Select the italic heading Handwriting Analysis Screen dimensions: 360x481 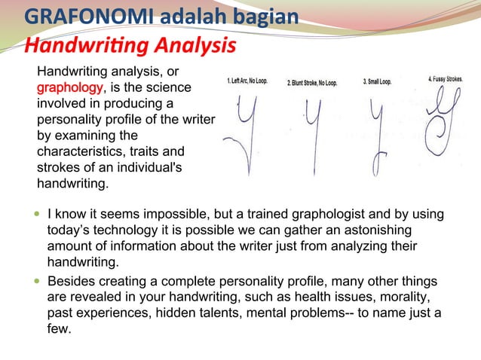(x=130, y=46)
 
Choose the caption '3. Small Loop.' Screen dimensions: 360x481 (x=377, y=81)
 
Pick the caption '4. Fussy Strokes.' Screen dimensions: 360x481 (x=446, y=78)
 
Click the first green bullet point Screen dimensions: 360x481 (x=38, y=215)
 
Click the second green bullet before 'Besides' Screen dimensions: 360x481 (x=38, y=281)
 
